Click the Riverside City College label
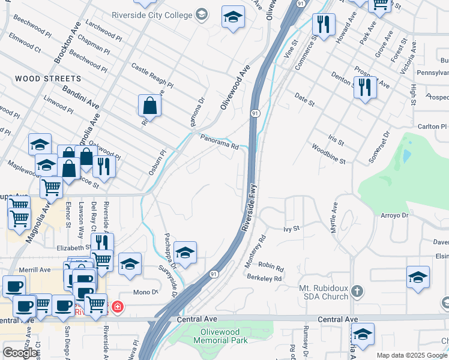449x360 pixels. pyautogui.click(x=152, y=14)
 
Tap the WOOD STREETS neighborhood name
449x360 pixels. pyautogui.click(x=48, y=79)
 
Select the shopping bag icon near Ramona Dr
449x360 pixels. pyautogui.click(x=149, y=106)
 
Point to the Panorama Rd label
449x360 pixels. pyautogui.click(x=220, y=142)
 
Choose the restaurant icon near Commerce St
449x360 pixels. pyautogui.click(x=324, y=25)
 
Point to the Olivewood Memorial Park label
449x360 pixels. pyautogui.click(x=220, y=336)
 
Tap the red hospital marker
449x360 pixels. pyautogui.click(x=118, y=307)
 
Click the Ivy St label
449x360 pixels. pyautogui.click(x=291, y=229)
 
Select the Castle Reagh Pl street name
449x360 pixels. pyautogui.click(x=152, y=76)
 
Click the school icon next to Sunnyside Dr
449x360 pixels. pyautogui.click(x=185, y=254)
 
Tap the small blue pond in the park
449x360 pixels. pyautogui.click(x=408, y=156)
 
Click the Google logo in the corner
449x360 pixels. pyautogui.click(x=20, y=352)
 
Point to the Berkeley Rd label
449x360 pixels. pyautogui.click(x=264, y=278)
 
